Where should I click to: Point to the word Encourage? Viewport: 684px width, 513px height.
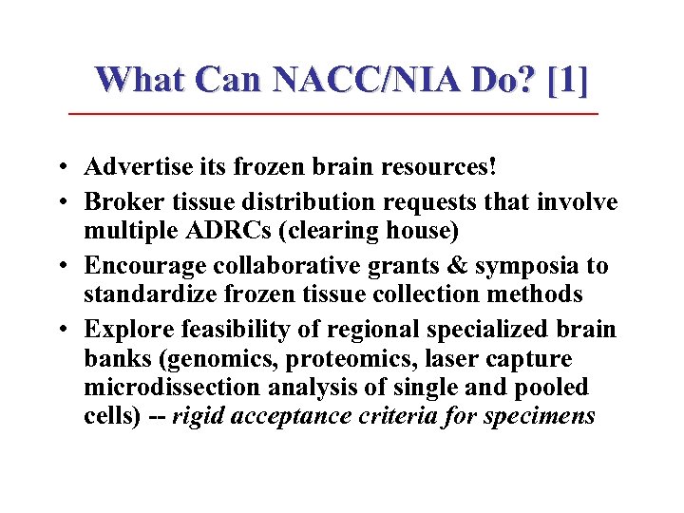[137, 267]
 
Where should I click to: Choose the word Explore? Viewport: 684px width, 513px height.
[121, 330]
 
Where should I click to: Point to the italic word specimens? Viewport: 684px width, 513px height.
[545, 417]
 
